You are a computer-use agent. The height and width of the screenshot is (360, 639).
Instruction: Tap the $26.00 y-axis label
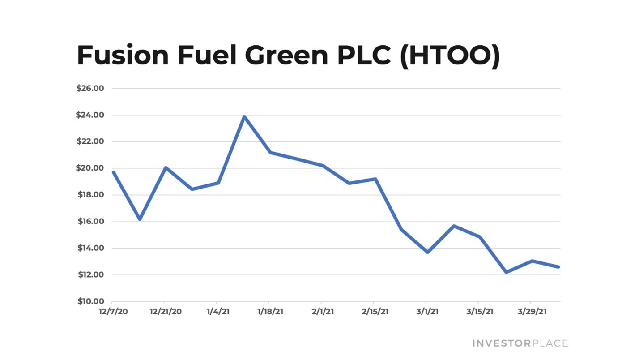(x=90, y=88)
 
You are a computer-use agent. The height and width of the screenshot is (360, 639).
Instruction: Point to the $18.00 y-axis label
(x=90, y=195)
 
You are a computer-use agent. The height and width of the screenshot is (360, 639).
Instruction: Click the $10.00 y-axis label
(x=90, y=301)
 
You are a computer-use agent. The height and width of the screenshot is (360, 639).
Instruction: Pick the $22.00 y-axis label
(x=90, y=141)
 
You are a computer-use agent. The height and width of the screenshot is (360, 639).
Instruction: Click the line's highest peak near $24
(x=244, y=117)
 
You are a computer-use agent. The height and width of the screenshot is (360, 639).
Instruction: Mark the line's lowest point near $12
(x=506, y=272)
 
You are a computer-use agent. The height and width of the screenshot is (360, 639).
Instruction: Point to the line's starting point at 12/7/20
(x=114, y=172)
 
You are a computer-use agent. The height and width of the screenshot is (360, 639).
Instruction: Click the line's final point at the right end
(x=558, y=267)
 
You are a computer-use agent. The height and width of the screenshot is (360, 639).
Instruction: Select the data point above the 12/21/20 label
(x=166, y=168)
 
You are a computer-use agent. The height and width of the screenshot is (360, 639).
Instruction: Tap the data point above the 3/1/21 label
(x=428, y=252)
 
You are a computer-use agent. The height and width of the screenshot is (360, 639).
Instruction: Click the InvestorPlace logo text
(x=520, y=343)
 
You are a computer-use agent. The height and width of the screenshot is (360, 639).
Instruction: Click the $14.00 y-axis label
(x=90, y=248)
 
